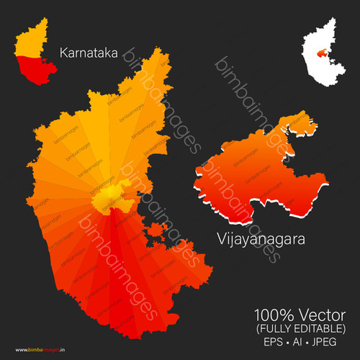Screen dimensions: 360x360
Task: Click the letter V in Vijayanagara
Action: tap(219, 238)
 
